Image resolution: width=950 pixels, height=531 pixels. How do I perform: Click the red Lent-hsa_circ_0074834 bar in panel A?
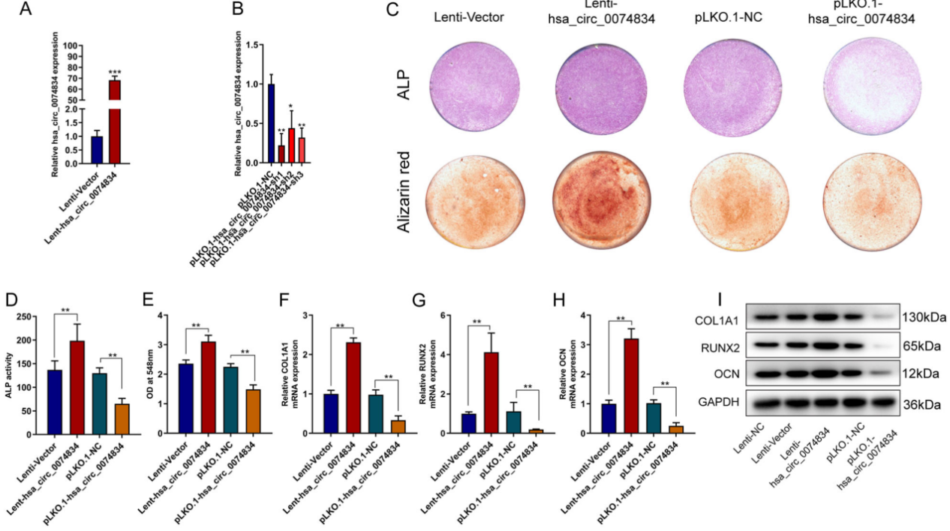click(115, 120)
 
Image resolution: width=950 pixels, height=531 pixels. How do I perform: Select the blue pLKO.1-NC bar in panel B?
click(271, 124)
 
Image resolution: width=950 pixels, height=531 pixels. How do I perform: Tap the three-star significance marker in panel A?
click(115, 71)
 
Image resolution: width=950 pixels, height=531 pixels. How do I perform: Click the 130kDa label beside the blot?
click(924, 317)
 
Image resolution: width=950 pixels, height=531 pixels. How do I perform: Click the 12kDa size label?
click(921, 373)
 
